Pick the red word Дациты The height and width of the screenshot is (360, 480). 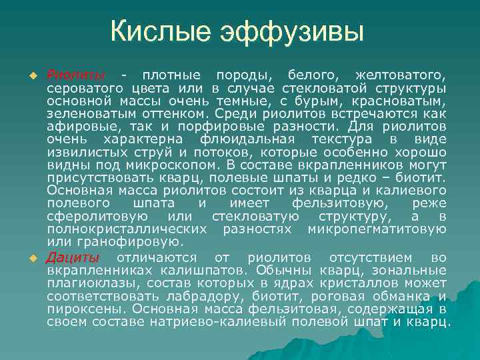click(x=73, y=257)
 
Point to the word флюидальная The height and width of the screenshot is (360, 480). click(x=247, y=139)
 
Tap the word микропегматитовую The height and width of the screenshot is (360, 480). click(x=377, y=229)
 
